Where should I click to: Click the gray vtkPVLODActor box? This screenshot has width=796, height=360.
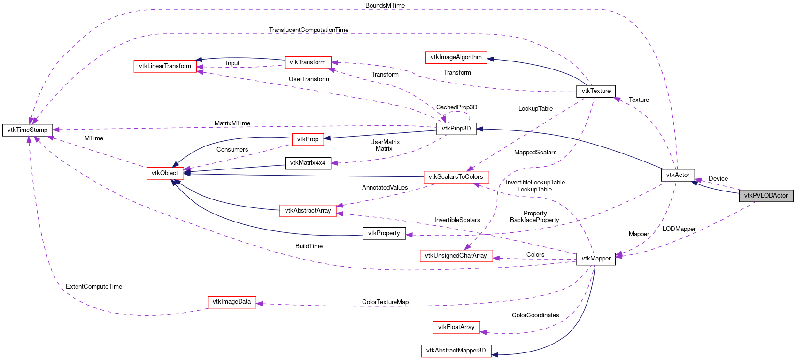[766, 196]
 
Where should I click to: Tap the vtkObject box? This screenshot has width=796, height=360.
[165, 173]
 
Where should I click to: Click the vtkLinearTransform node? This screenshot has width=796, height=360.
[165, 66]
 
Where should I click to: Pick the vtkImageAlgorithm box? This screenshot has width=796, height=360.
[456, 57]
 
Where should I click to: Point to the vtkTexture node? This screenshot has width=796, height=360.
[595, 91]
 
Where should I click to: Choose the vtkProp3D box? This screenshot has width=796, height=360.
[456, 129]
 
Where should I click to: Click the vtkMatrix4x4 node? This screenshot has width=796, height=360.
[308, 163]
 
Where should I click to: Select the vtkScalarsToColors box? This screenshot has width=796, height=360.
[456, 177]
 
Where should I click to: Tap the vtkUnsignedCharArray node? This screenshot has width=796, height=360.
[456, 256]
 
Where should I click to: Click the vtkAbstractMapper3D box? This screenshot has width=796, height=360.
[456, 351]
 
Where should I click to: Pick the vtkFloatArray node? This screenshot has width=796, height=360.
[456, 327]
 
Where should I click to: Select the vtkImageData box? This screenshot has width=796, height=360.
[232, 302]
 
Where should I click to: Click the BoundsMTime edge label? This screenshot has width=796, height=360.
[385, 5]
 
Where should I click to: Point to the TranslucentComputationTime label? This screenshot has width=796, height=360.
[309, 30]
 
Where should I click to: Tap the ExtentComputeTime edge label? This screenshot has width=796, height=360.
[94, 286]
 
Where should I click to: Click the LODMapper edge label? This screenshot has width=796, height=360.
[679, 229]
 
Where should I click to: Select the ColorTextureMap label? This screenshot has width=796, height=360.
[385, 302]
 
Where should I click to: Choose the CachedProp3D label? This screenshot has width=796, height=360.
[456, 107]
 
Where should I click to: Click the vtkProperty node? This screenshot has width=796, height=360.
[384, 233]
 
